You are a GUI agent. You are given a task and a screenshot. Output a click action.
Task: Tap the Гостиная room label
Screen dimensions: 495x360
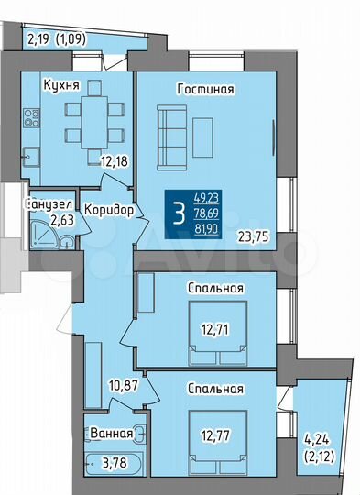(206, 89)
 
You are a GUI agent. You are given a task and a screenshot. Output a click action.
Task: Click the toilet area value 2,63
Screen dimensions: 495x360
(60, 220)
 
